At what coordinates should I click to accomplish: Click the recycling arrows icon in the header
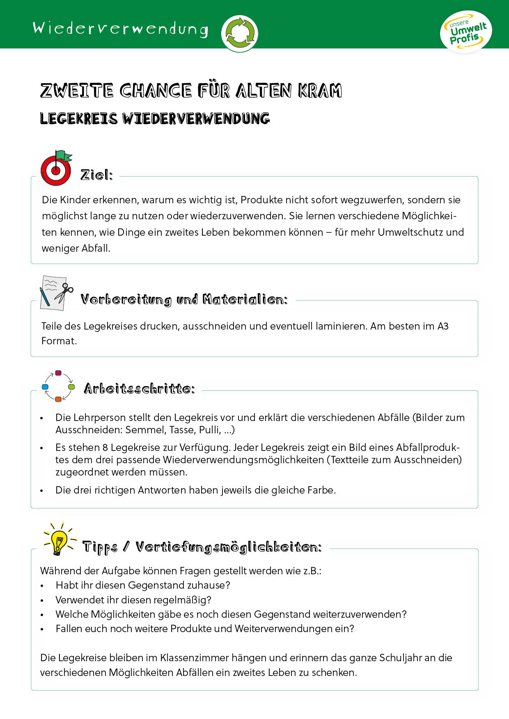coord(239,34)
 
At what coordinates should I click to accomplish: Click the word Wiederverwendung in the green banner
coord(120,29)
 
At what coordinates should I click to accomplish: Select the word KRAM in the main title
coord(320,91)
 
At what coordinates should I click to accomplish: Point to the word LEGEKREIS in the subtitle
coord(79,119)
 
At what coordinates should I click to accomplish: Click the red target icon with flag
coord(56,168)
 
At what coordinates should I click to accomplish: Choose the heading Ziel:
coord(96,175)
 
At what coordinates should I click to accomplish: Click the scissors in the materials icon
coord(64,291)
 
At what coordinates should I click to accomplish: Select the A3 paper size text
coord(443,326)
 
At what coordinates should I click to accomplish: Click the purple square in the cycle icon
coord(58,373)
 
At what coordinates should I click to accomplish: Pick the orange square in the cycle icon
coord(58,399)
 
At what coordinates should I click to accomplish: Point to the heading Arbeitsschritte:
coord(139,389)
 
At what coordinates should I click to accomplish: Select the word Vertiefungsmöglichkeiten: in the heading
coord(229,547)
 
